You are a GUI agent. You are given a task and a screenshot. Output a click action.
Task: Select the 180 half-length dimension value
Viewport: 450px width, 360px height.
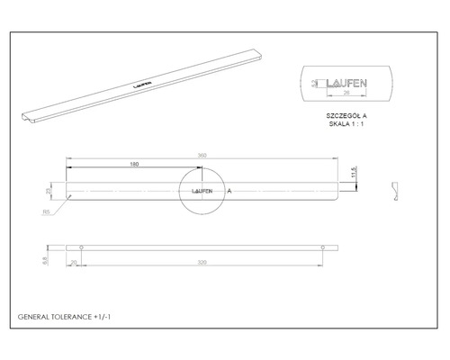tap(134, 166)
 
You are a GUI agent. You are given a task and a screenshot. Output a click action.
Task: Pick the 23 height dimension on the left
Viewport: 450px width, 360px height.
tap(50, 191)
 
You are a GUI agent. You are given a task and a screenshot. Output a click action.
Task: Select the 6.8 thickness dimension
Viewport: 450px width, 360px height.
tap(47, 257)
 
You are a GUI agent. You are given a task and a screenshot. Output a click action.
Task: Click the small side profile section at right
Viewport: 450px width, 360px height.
tap(394, 190)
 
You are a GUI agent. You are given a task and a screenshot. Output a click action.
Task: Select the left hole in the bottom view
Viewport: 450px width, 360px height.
tap(82, 247)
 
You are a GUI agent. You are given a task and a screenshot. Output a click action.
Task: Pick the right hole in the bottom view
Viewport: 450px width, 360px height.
tap(321, 247)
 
